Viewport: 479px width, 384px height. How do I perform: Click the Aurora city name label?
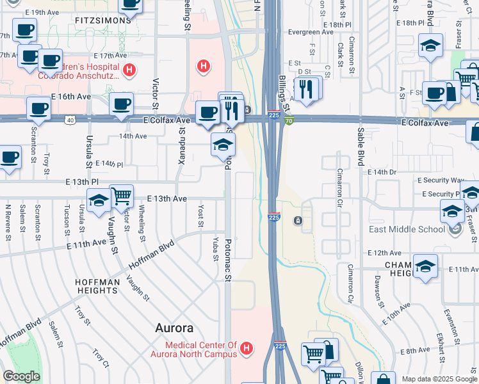pyautogui.click(x=175, y=328)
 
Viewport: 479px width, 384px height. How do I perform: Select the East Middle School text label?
pyautogui.click(x=407, y=229)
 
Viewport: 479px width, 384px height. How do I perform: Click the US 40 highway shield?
pyautogui.click(x=69, y=120)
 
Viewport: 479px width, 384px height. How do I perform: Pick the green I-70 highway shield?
pyautogui.click(x=289, y=120)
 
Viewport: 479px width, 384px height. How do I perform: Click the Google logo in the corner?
pyautogui.click(x=21, y=376)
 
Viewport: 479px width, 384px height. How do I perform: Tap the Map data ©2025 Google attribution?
pyautogui.click(x=439, y=379)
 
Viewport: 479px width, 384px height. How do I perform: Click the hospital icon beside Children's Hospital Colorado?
pyautogui.click(x=129, y=70)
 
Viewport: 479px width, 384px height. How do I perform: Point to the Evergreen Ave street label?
pyautogui.click(x=311, y=31)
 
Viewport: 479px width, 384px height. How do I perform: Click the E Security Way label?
pyautogui.click(x=441, y=181)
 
